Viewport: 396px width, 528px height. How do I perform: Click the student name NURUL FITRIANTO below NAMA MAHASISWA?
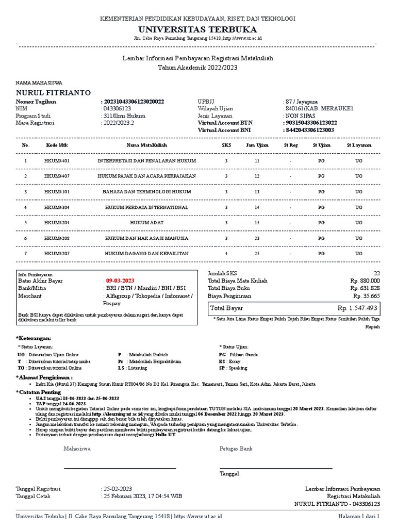54,93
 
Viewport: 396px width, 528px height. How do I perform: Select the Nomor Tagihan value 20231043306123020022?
134,102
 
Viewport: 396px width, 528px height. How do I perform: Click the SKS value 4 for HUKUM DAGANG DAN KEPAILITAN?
226,254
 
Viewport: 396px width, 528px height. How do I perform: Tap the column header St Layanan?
359,145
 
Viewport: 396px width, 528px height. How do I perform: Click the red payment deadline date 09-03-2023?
120,280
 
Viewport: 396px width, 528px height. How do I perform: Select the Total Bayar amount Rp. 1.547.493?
357,308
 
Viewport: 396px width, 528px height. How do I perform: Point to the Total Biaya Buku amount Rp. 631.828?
365,288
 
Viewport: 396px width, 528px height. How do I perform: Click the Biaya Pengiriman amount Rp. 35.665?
366,296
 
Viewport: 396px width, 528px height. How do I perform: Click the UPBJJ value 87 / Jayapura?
305,102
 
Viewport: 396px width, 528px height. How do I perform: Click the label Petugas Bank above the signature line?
236,449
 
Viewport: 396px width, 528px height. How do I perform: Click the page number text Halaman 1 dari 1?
359,516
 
